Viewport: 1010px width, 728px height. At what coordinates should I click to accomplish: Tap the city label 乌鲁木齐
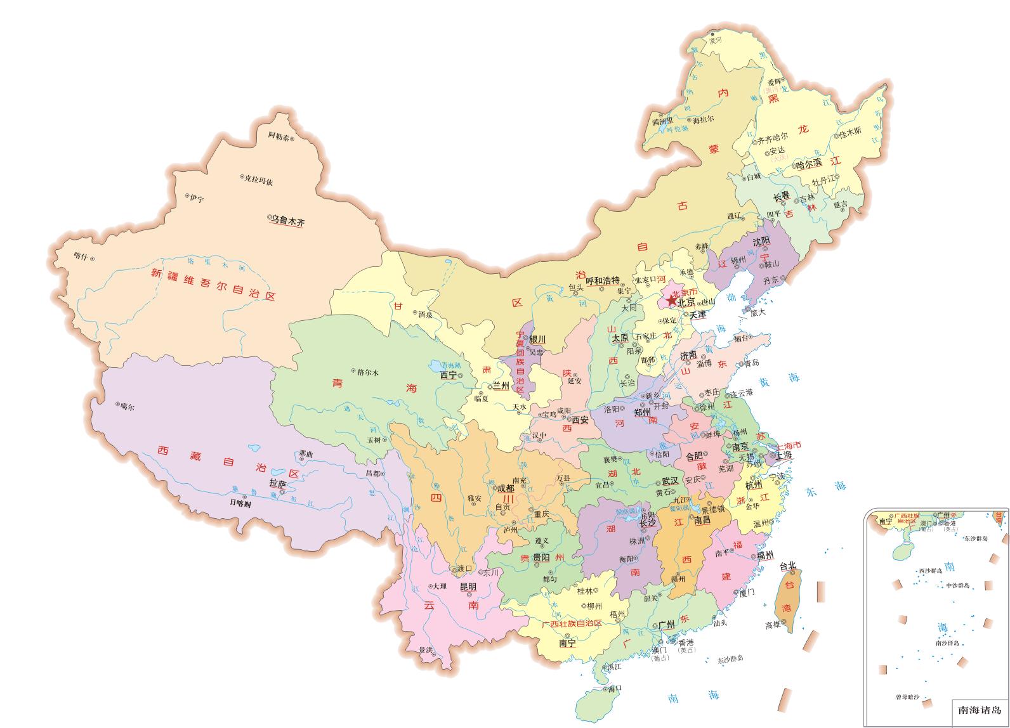pos(288,222)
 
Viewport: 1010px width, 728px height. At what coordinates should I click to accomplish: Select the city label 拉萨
pos(278,483)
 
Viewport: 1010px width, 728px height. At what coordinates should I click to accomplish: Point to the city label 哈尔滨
pos(810,164)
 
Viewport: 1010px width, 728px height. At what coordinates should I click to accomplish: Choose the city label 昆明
pos(468,587)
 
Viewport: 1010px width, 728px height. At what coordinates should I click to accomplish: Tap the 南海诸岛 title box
pos(980,710)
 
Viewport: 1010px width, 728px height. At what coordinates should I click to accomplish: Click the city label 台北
pos(787,565)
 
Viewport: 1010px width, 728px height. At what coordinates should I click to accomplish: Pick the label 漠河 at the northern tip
pos(716,40)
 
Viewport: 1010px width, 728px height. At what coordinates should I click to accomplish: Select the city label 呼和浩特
pos(602,280)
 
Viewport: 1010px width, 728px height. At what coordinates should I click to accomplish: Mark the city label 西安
pos(580,420)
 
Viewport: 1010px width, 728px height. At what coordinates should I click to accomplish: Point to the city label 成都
pos(506,488)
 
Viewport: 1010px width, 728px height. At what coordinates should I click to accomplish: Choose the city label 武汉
pos(670,481)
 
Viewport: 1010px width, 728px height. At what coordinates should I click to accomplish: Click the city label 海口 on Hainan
pos(614,689)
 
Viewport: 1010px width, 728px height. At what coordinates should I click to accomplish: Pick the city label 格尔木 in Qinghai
pos(367,373)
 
